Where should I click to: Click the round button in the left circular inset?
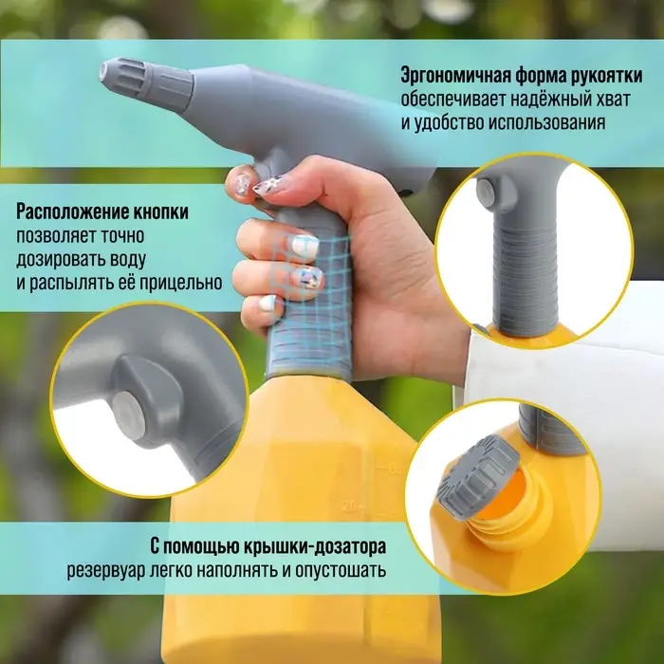[125, 409]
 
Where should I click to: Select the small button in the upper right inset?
[488, 194]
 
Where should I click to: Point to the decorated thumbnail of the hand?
[244, 185]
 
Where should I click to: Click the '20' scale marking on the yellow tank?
[351, 505]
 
